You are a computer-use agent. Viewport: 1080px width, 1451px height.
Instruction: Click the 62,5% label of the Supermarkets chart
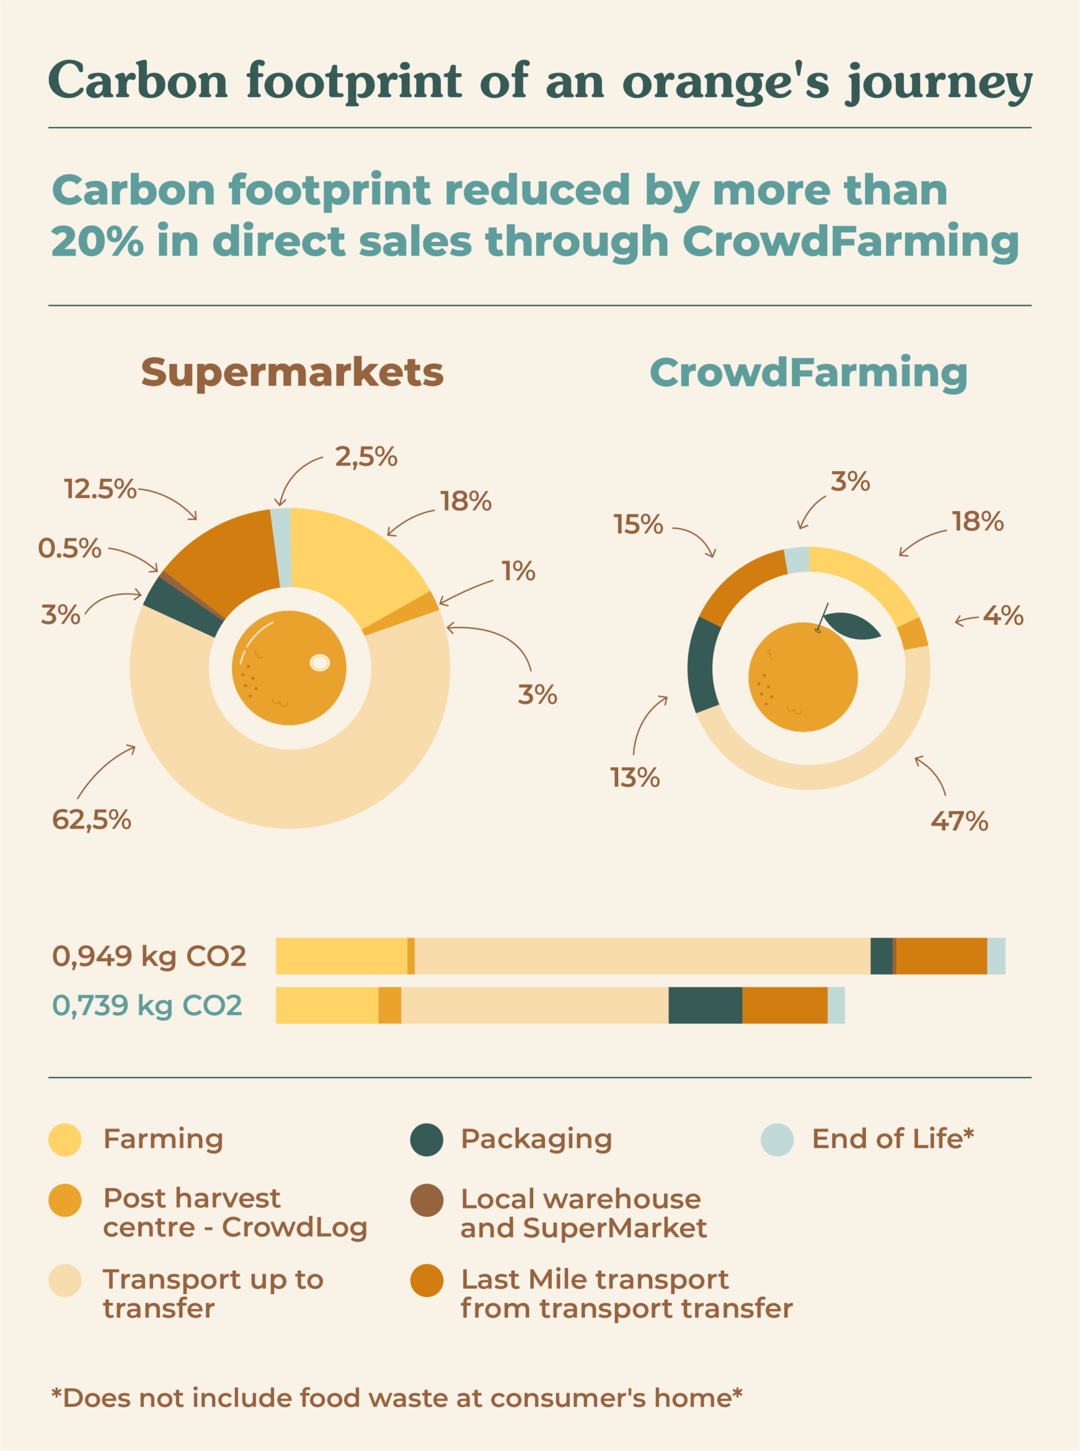(92, 820)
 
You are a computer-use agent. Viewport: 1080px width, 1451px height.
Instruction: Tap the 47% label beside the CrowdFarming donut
(959, 821)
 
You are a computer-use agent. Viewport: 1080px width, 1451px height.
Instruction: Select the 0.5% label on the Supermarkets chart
(70, 548)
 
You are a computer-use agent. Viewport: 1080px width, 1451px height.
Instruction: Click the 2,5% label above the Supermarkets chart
(366, 456)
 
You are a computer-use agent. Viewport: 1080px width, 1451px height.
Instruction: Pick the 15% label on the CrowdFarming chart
(638, 524)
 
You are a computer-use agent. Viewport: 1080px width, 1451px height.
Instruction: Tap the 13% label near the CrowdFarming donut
(635, 778)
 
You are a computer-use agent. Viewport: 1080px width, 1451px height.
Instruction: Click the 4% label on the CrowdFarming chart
(1003, 616)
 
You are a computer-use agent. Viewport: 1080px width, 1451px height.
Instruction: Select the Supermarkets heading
(292, 373)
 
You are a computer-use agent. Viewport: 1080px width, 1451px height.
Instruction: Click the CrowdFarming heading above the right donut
(808, 373)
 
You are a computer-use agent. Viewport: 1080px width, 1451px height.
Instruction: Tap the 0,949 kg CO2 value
(149, 956)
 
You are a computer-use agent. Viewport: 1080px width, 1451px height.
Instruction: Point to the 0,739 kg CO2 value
(147, 1005)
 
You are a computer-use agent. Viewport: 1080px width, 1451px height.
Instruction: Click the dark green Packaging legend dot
(427, 1140)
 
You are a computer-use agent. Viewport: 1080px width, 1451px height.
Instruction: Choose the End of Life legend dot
(777, 1140)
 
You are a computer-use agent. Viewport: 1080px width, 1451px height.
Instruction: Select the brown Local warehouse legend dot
(427, 1200)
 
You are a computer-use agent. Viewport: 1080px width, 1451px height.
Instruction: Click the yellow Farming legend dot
(65, 1140)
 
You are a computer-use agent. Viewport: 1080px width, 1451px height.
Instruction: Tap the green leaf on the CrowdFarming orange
(851, 625)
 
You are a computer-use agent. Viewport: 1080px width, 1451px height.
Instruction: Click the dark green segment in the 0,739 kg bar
(705, 1005)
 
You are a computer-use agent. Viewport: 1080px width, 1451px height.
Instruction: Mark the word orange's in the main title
(726, 82)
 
